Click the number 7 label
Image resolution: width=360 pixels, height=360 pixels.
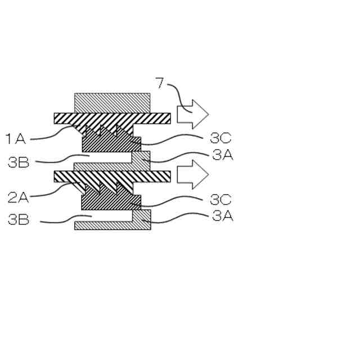pos(160,83)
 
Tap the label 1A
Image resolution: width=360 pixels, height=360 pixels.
pos(16,139)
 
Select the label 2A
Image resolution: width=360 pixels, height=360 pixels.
pos(19,197)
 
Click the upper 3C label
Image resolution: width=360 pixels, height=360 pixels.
pos(220,138)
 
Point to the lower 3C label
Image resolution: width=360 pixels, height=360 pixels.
pos(220,199)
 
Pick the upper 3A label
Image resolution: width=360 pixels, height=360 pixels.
pos(223,155)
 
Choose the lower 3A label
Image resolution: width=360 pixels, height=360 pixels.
pos(223,216)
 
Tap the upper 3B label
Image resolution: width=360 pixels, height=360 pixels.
pos(19,162)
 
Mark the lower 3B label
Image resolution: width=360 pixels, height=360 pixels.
pos(19,219)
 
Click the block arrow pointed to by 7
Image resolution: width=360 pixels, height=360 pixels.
pos(192,114)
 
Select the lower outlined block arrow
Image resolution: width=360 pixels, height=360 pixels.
pos(192,174)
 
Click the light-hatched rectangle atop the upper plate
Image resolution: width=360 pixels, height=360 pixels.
pos(112,103)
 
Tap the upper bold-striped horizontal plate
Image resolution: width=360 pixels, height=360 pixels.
pos(112,119)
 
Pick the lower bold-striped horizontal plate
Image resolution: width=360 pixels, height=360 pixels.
pos(112,177)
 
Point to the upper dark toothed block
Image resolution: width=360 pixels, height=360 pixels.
pos(111,140)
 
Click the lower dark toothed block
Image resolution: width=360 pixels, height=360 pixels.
pos(111,198)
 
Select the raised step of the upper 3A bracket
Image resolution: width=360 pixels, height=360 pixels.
pos(141,157)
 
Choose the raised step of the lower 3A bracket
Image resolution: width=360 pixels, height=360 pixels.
pos(142,216)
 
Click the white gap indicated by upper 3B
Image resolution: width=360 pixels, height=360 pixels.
pos(107,157)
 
